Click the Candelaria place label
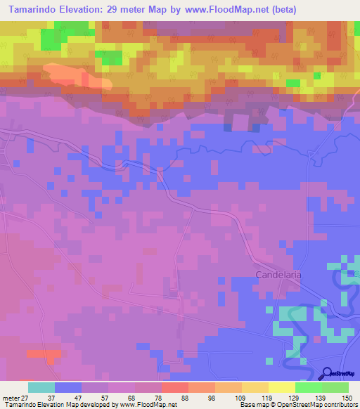(x=278, y=275)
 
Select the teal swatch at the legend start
(x=41, y=387)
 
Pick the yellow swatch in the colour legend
(x=282, y=387)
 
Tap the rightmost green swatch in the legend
(x=335, y=387)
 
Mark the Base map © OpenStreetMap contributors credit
(x=298, y=405)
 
